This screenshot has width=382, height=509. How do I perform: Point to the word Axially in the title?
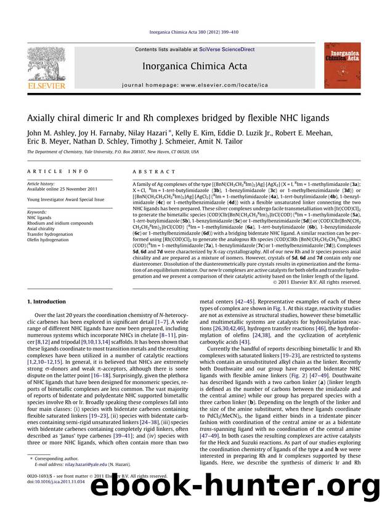42,118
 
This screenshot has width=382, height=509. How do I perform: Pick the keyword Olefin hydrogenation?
50,239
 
